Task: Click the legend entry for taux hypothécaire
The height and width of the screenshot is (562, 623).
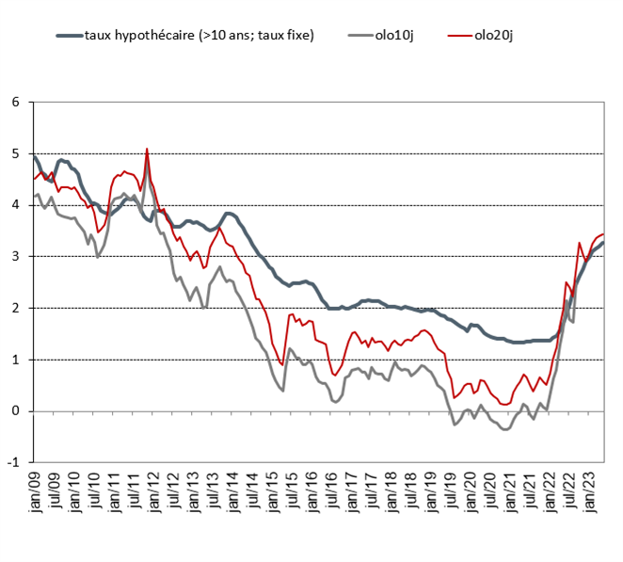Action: (x=199, y=35)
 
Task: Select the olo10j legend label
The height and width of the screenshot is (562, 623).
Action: (x=391, y=35)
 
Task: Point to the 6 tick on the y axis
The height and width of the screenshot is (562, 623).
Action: (x=15, y=103)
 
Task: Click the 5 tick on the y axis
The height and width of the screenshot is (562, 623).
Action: (x=15, y=154)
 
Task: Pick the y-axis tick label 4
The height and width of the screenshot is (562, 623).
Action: (x=15, y=205)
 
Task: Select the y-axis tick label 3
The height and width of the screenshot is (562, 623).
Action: (x=15, y=257)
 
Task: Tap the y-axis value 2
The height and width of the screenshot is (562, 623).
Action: (x=15, y=308)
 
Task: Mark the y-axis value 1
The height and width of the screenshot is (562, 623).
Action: (x=15, y=360)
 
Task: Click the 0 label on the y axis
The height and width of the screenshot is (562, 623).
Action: (x=15, y=411)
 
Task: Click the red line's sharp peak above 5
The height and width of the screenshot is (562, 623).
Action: (x=147, y=149)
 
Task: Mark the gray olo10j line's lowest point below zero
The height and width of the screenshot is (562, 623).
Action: (x=505, y=429)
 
